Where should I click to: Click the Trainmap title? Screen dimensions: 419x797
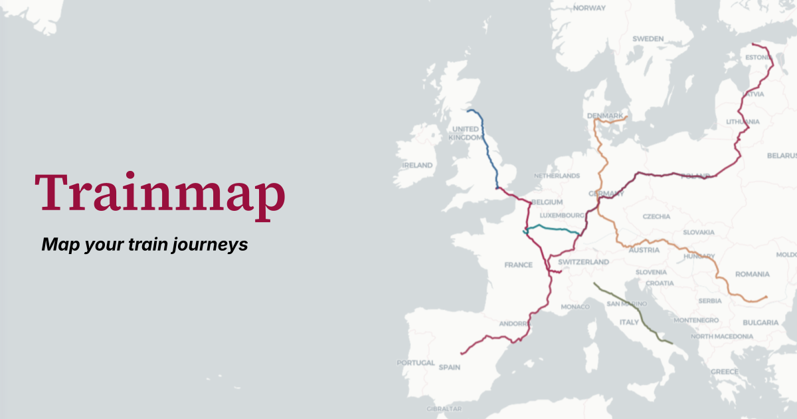[x=160, y=193]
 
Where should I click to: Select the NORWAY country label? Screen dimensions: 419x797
[x=589, y=8]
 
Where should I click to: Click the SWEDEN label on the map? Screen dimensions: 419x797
[x=648, y=39]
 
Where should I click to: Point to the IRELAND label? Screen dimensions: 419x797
[x=417, y=165]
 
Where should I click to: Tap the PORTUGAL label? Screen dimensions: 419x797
[x=416, y=363]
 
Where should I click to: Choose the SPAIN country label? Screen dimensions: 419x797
[x=450, y=367]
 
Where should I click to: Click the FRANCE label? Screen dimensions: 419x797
[x=518, y=265]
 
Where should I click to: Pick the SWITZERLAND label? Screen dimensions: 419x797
[x=583, y=262]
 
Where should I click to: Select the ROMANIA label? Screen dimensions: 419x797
[x=752, y=274]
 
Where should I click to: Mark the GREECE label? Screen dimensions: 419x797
[x=724, y=371]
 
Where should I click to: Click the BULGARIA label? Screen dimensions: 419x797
[x=760, y=323]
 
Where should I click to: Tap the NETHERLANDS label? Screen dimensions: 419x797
[x=557, y=176]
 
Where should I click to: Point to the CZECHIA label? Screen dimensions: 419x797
[x=657, y=217]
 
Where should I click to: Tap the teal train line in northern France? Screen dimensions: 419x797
[x=551, y=229]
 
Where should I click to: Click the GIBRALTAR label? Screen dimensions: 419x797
[x=444, y=408]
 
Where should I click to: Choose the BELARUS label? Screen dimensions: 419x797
[x=782, y=156]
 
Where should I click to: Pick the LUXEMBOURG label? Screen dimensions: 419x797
[x=562, y=215]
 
